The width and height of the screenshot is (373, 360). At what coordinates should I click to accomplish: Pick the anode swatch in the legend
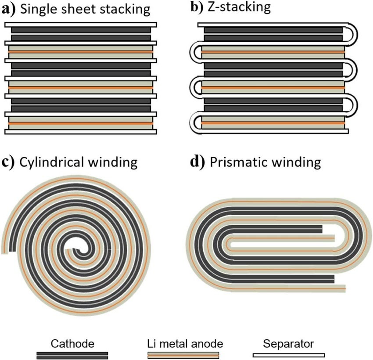tap(183, 355)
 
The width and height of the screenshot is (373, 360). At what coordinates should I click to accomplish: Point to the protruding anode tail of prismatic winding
tap(341, 288)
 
